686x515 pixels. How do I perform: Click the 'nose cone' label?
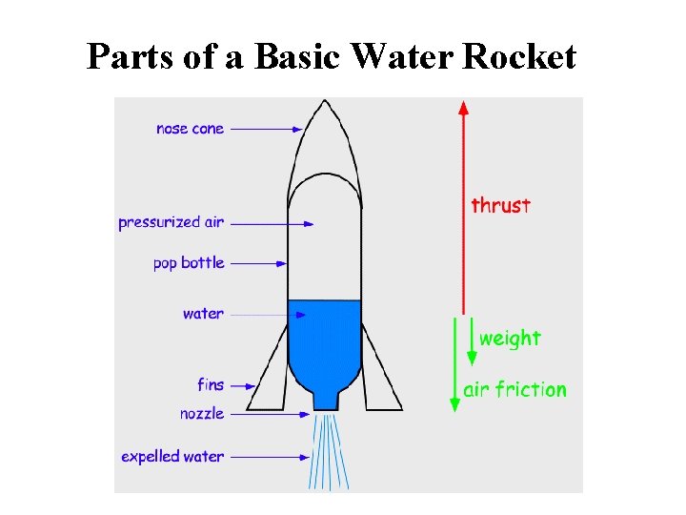click(x=191, y=129)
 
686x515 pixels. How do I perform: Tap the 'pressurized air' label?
click(x=171, y=223)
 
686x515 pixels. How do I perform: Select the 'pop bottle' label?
click(x=189, y=262)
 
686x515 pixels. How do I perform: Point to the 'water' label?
click(x=203, y=314)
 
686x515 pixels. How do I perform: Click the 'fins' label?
click(x=211, y=385)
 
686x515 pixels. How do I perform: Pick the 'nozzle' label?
click(x=202, y=414)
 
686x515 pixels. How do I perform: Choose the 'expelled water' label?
click(x=172, y=457)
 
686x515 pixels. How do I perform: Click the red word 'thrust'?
click(x=501, y=205)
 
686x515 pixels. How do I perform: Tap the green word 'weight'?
click(x=510, y=339)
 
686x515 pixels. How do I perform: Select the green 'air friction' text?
click(x=514, y=389)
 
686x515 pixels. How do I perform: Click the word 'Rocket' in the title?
click(x=519, y=57)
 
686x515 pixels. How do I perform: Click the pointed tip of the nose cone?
click(x=325, y=103)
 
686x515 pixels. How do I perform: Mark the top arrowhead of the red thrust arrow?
click(x=464, y=106)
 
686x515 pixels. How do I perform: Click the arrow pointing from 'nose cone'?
click(x=267, y=129)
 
